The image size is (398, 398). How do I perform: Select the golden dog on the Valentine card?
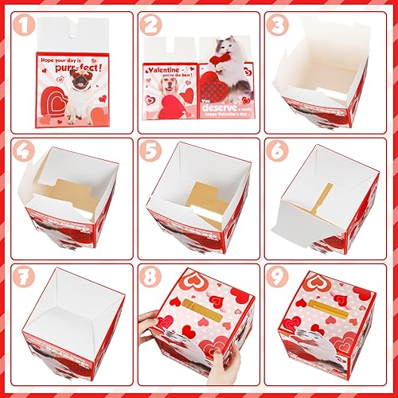tap(166, 92)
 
